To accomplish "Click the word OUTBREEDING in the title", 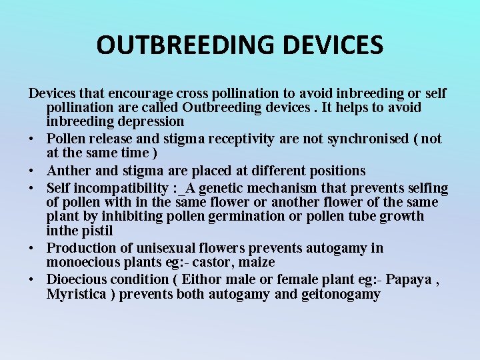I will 186,45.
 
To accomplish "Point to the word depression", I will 152,121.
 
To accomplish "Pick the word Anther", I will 69,171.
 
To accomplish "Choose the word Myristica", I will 76,294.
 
